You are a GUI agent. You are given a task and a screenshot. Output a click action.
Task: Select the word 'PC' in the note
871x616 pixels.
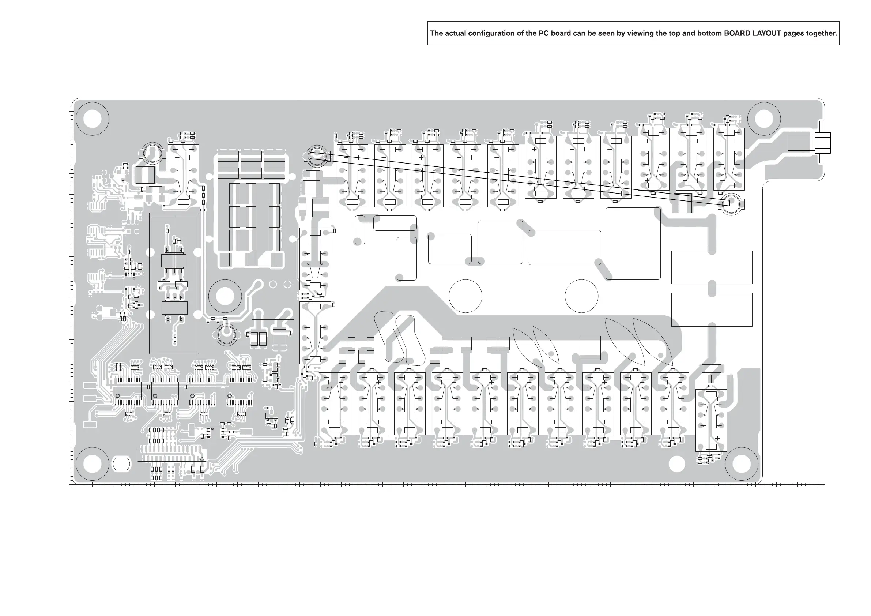[544, 33]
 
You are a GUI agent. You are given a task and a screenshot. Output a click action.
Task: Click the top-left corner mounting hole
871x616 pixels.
[92, 119]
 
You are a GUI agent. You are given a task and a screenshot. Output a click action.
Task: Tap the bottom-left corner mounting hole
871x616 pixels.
[92, 464]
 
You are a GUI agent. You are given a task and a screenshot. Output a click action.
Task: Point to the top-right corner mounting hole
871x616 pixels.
[763, 119]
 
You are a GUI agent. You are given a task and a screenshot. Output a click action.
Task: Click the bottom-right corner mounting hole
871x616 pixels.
[741, 464]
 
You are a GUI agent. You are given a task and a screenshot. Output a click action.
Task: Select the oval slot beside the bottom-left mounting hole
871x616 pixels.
[121, 464]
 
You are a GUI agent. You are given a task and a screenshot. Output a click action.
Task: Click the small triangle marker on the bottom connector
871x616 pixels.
[202, 459]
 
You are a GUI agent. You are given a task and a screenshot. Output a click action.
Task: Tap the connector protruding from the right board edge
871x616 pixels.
[821, 143]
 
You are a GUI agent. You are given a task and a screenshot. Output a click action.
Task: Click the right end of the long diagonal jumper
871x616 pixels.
[727, 203]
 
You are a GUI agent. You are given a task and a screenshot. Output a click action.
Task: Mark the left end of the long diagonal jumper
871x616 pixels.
[312, 155]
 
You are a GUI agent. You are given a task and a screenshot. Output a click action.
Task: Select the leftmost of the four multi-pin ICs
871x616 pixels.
[128, 391]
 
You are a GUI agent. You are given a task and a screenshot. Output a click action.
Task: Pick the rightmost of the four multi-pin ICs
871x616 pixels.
[240, 391]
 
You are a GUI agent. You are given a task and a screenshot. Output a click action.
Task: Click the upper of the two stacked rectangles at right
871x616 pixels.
[712, 267]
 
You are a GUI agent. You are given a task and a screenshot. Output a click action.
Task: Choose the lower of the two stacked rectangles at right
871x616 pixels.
[712, 309]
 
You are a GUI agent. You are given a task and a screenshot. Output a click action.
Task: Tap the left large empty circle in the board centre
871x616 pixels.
[465, 296]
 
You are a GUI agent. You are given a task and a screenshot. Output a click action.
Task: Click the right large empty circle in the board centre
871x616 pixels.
[581, 296]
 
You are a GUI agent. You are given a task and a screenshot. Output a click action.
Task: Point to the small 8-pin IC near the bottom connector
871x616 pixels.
[216, 433]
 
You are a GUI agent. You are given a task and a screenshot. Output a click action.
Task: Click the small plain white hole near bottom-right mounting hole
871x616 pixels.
[677, 464]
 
